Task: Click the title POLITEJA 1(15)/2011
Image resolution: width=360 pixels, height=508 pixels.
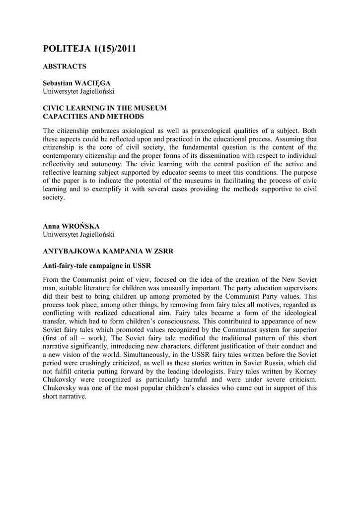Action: click(x=89, y=49)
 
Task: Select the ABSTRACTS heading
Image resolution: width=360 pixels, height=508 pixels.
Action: click(x=65, y=66)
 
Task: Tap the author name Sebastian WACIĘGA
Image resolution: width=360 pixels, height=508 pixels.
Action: click(x=76, y=83)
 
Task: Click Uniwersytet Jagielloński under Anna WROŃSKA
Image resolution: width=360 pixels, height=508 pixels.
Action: click(x=79, y=234)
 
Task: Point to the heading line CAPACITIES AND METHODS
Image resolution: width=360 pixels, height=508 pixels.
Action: click(x=93, y=117)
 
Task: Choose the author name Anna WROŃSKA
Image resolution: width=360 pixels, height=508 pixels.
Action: click(x=71, y=226)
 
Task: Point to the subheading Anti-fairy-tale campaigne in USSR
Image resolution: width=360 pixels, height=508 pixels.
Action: click(x=97, y=265)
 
